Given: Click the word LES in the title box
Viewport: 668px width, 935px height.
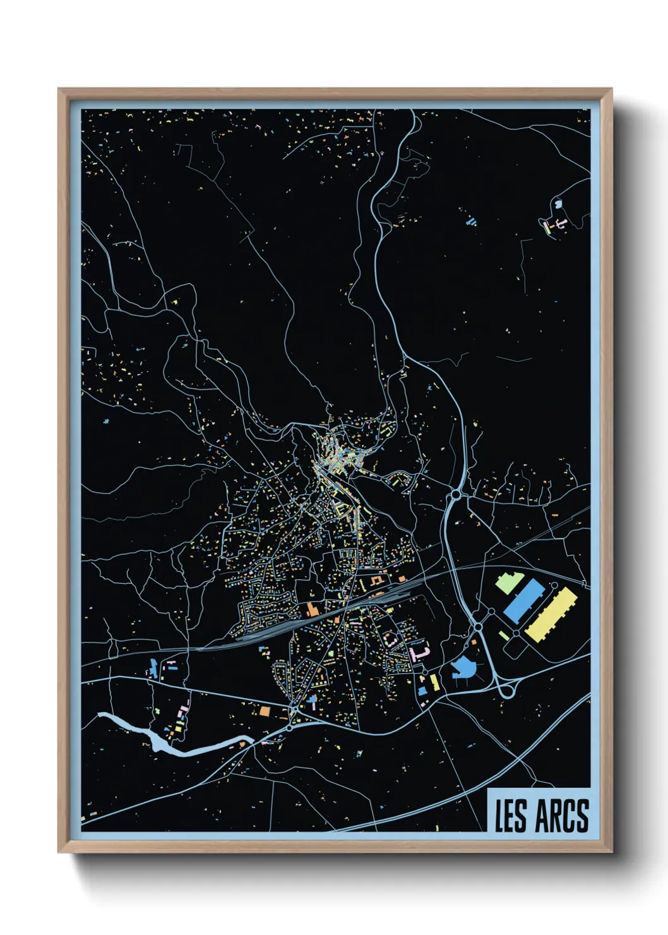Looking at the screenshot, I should [510, 816].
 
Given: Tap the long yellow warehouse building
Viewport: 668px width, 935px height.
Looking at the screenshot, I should [552, 614].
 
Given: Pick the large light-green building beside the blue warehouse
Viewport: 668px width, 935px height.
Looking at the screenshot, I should [508, 583].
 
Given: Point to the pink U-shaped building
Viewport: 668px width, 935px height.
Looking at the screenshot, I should [419, 653].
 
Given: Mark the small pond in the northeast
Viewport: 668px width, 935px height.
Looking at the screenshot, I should [558, 204].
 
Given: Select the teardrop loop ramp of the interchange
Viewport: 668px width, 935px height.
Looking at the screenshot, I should [506, 691].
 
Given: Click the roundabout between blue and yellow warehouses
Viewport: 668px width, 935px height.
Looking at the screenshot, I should [516, 632].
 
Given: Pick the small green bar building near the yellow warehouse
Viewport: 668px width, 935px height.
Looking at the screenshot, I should [504, 635].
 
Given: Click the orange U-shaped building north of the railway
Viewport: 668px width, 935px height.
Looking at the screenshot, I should [377, 580].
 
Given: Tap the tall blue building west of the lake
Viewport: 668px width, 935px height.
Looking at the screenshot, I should [153, 668].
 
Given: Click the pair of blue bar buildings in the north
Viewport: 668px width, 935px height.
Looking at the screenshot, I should [470, 221].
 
